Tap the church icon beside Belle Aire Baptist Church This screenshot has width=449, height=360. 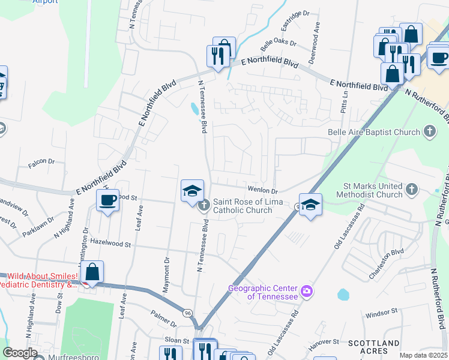coord(429,131)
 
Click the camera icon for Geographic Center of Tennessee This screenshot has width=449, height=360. coord(307,292)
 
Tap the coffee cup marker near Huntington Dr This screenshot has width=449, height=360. coord(108,201)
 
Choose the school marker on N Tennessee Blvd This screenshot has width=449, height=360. coord(192,191)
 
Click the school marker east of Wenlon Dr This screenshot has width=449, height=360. coord(310,205)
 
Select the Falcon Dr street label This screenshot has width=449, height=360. coord(43,161)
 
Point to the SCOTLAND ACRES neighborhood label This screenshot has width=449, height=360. coord(374,347)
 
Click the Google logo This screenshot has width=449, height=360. coord(20,353)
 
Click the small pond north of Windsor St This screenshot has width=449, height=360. coord(343,295)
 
